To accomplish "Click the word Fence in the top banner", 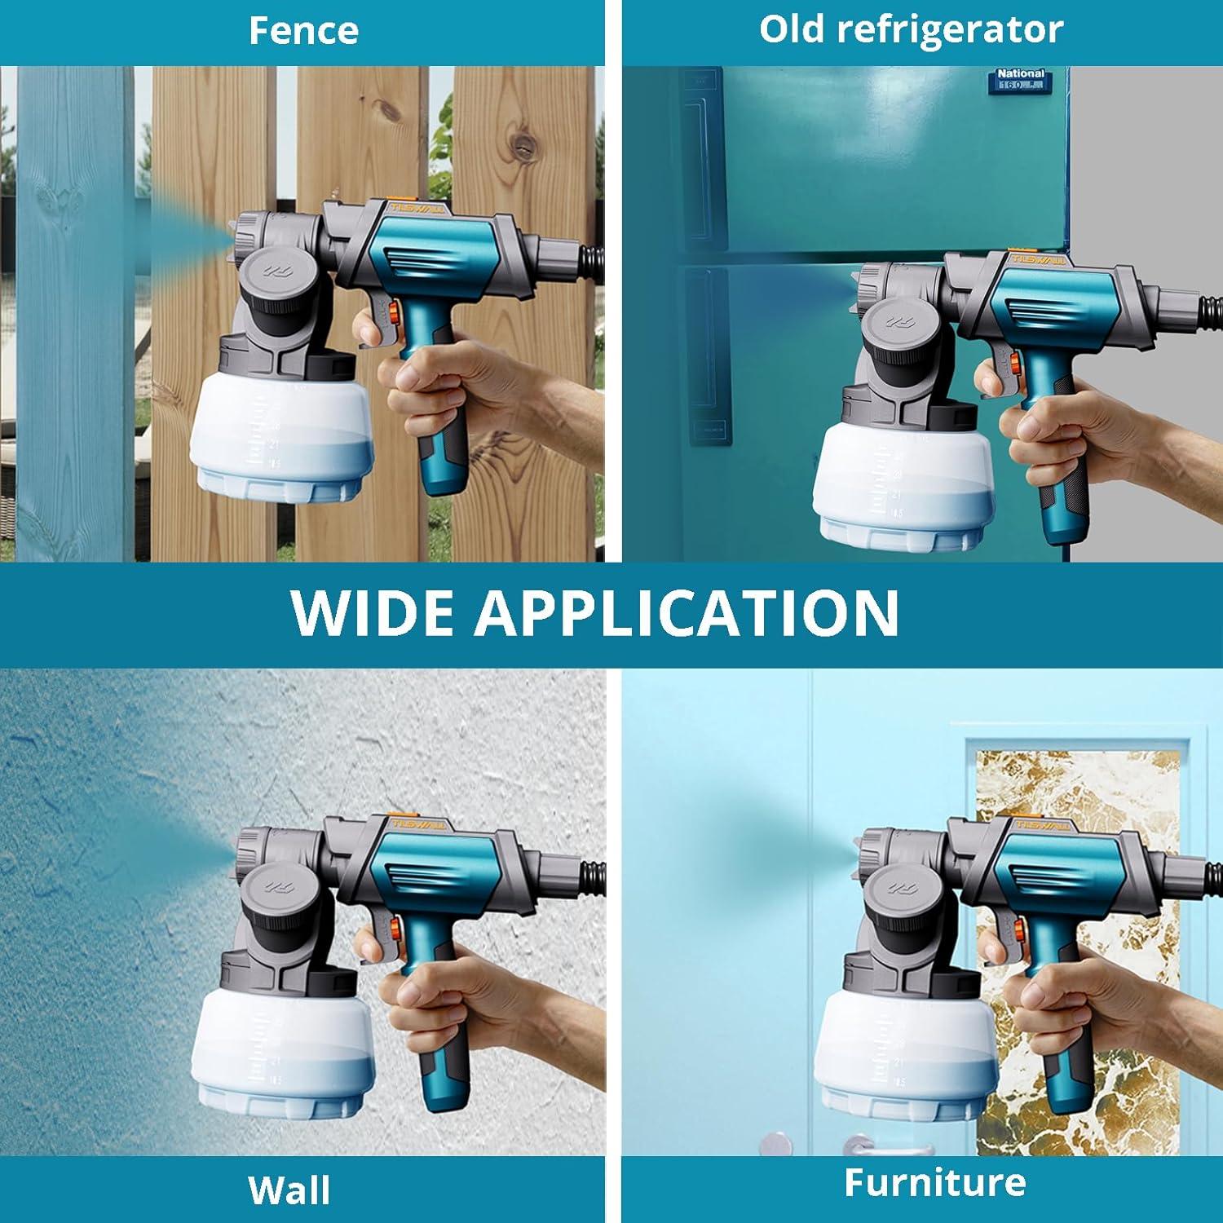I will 303,31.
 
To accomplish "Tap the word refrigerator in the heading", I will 949,30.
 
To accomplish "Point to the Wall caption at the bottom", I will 289,1190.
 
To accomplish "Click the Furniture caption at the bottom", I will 934,1182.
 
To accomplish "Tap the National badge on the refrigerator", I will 1020,78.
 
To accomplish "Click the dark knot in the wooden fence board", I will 521,145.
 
